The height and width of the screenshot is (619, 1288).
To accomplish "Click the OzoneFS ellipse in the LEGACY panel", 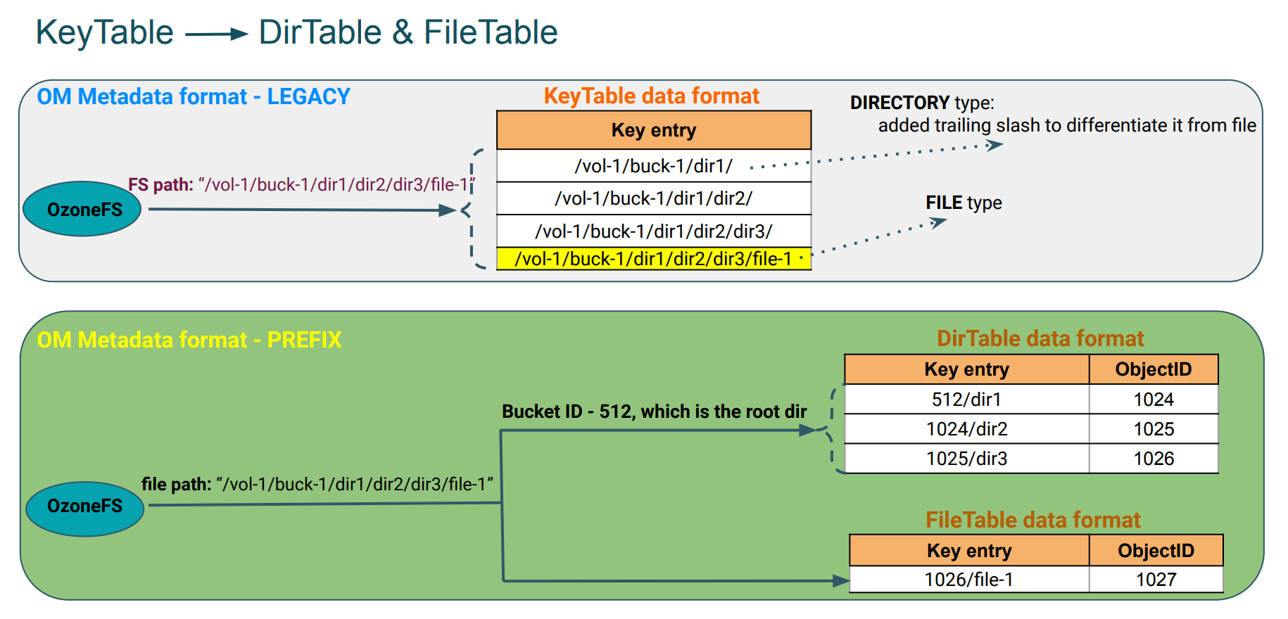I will (82, 210).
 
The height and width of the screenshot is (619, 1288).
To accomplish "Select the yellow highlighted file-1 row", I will (653, 259).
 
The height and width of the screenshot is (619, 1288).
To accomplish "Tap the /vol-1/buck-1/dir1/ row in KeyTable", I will (653, 166).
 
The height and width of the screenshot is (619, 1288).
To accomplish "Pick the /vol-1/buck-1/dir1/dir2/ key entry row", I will (653, 198).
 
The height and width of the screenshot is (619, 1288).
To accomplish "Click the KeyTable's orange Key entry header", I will (653, 130).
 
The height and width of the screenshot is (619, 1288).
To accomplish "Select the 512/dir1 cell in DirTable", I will (966, 400).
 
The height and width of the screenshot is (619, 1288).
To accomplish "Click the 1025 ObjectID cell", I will (1153, 429).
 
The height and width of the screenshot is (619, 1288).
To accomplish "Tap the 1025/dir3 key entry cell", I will (966, 459).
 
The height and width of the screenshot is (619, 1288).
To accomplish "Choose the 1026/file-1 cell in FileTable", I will (968, 580).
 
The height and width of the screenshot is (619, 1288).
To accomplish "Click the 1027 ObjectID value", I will (1156, 580).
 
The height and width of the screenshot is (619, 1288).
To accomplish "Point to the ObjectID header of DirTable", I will (1153, 369).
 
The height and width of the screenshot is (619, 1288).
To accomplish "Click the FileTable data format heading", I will (1033, 520).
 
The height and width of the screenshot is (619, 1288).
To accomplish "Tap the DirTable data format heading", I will (1040, 338).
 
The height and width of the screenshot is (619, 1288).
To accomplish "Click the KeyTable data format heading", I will (651, 96).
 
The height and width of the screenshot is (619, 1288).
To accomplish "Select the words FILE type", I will (963, 203).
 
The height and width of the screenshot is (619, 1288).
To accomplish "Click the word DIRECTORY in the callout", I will (899, 103).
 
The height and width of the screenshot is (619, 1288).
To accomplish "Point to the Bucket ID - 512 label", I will (653, 411).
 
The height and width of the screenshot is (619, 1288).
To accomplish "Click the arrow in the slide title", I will (216, 34).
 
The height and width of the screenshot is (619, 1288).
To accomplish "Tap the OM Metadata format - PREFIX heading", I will (189, 340).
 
